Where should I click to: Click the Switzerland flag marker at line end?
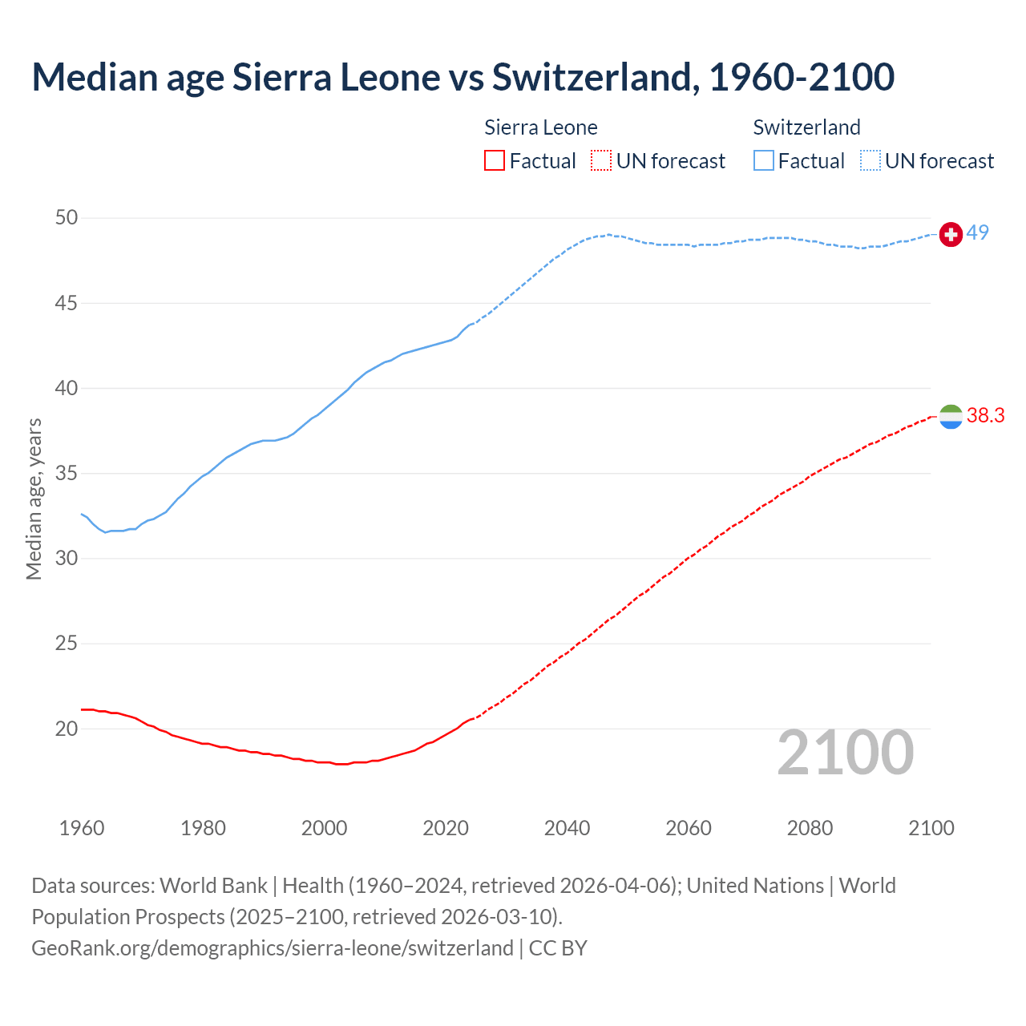click(951, 234)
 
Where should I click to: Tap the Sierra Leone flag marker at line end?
click(951, 416)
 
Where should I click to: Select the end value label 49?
click(977, 233)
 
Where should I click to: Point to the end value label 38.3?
click(985, 415)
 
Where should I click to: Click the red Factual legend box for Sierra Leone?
click(495, 161)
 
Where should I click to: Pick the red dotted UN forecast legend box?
click(601, 161)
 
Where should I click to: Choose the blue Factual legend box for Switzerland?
click(764, 161)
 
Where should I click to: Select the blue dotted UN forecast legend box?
click(870, 161)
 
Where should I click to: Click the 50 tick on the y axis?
click(67, 218)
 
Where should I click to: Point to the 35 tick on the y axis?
click(67, 474)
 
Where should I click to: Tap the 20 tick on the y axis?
click(67, 729)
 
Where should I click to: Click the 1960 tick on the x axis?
click(82, 828)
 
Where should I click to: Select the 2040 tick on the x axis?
click(567, 828)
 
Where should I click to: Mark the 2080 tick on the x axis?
click(810, 828)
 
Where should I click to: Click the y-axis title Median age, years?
click(34, 499)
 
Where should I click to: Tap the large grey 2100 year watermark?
click(845, 753)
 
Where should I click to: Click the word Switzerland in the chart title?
click(591, 77)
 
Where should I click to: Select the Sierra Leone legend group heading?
click(541, 127)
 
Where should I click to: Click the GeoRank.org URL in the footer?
click(272, 947)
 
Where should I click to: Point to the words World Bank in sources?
click(213, 886)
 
